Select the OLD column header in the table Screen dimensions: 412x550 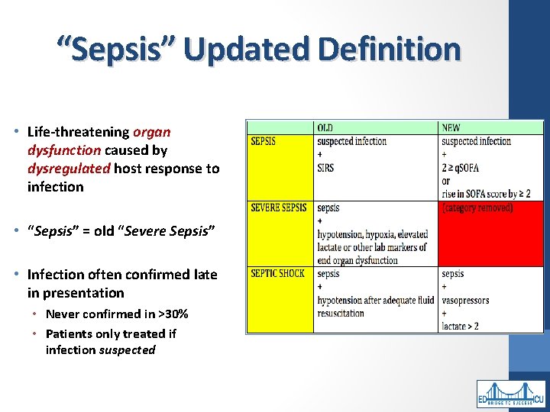[325, 127]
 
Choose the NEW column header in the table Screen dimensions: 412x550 [451, 127]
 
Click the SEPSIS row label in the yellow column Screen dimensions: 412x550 [263, 141]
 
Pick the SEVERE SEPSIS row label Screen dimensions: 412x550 [279, 208]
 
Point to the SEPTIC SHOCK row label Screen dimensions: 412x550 [277, 274]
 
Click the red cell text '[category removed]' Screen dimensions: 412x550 [477, 208]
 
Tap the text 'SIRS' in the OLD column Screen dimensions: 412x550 [325, 168]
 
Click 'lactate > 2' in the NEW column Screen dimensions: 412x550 [460, 327]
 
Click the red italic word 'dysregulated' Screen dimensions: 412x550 [69, 169]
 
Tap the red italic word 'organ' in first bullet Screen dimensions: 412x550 [152, 132]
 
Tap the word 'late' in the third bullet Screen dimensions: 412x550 [202, 275]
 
